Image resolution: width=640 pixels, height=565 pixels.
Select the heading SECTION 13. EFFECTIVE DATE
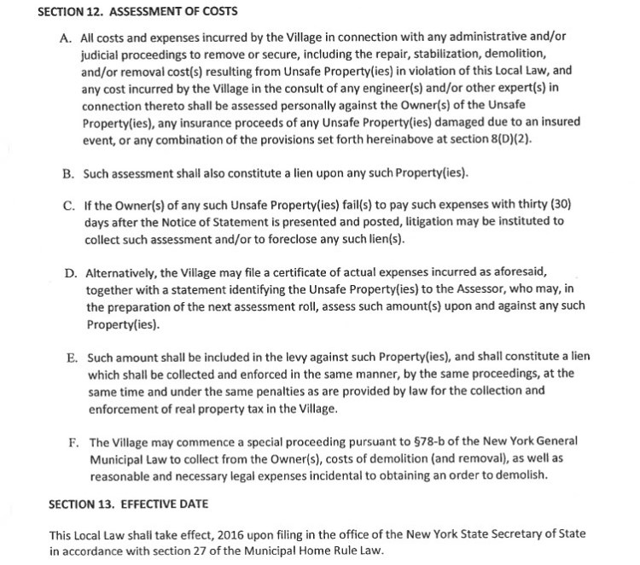tap(128, 504)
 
